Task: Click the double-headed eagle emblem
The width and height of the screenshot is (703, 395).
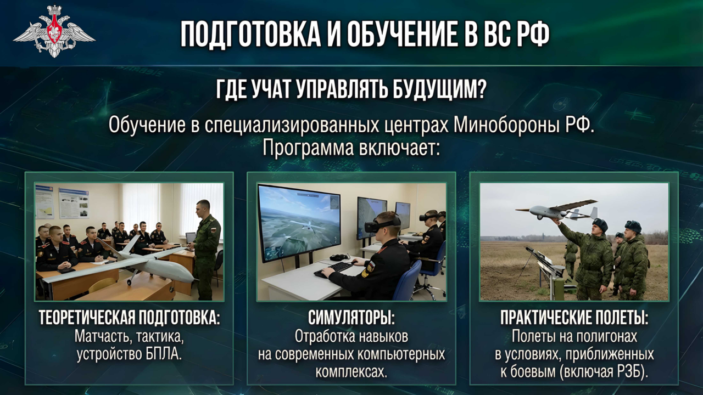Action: click(x=54, y=32)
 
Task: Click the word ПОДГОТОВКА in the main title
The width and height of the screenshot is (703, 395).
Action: click(x=250, y=34)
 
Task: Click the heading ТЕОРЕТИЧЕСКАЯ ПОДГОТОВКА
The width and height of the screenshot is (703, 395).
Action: click(x=129, y=318)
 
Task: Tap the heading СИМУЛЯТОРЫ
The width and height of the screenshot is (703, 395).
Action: click(x=351, y=318)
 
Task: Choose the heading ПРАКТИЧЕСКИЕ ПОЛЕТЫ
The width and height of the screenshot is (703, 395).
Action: click(x=574, y=318)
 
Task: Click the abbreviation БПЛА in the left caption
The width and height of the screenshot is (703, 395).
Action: click(x=164, y=354)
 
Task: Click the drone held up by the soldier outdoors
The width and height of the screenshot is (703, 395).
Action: click(x=557, y=210)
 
